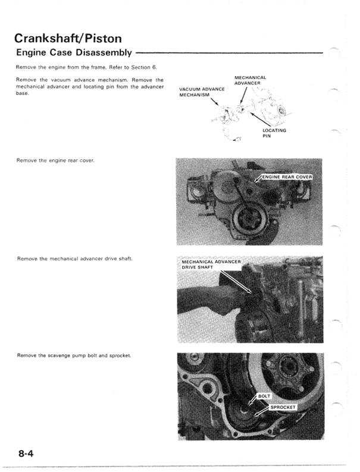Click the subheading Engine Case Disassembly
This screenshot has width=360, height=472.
[x=74, y=53]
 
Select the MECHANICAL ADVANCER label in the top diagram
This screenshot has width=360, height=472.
[x=250, y=80]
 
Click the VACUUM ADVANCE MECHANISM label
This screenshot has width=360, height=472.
[x=202, y=92]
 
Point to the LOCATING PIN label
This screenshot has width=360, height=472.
[x=274, y=133]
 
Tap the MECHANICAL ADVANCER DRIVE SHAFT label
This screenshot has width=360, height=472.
[x=211, y=265]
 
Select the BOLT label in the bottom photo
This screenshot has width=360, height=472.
[x=264, y=396]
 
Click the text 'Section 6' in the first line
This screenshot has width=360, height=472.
[x=142, y=67]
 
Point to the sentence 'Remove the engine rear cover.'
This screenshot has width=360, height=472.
[x=56, y=161]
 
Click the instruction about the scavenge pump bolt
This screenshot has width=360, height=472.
[x=74, y=355]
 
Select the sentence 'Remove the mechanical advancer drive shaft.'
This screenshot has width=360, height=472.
[x=75, y=259]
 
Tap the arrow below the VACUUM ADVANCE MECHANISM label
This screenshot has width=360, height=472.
[x=214, y=105]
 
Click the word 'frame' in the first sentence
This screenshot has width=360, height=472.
[x=95, y=67]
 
